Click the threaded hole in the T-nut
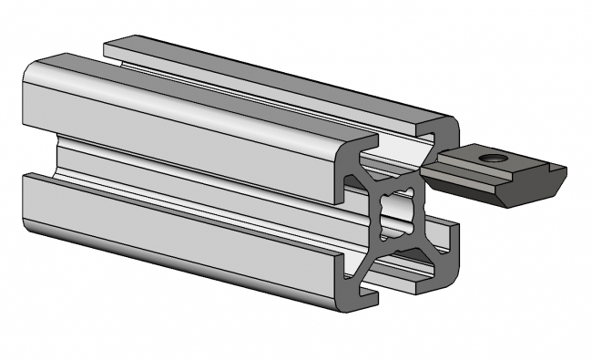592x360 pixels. (x=494, y=159)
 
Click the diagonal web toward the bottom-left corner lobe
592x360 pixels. (x=369, y=256)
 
